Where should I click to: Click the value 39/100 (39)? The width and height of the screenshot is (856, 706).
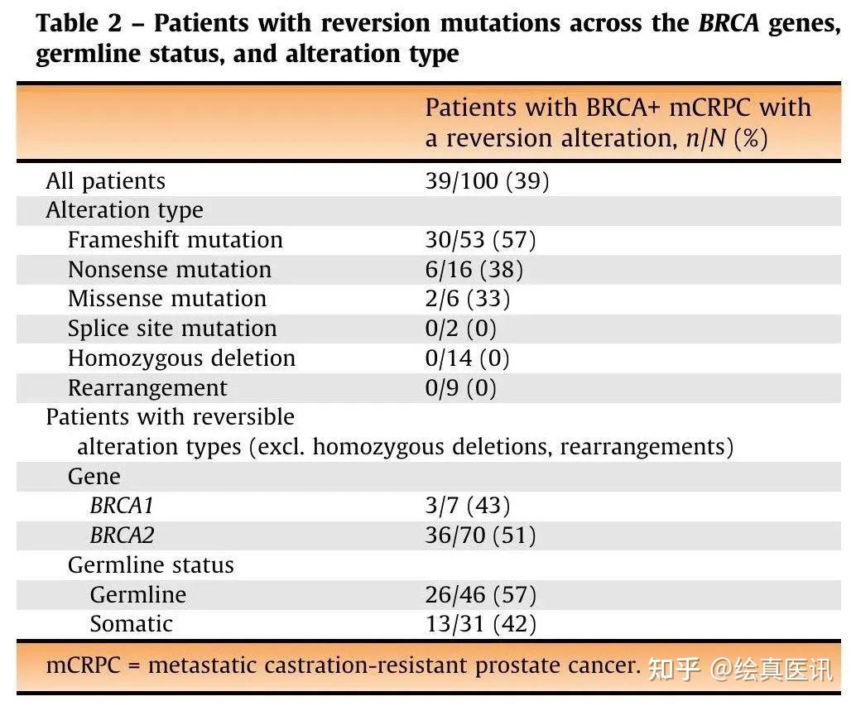pos(487,180)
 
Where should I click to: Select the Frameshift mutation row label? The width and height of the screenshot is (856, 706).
pos(176,239)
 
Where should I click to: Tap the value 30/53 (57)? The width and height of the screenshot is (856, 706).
pos(480,239)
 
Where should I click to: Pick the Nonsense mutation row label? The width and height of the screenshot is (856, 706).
pos(169,270)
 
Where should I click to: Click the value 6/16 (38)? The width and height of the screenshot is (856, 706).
pos(474,270)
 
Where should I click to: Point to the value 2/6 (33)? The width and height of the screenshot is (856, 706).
pos(467,299)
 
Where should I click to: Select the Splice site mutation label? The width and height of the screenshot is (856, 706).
pos(172,329)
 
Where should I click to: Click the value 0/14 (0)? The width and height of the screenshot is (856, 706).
pos(467,358)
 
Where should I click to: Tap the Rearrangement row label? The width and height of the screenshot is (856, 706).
pos(147,388)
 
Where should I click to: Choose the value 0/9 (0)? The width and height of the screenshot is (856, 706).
pos(461,388)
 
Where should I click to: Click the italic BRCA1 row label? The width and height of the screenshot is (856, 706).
pos(122,506)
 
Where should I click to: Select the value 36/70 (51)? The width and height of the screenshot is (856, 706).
pos(480,535)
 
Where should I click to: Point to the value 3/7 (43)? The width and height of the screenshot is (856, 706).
pos(467,505)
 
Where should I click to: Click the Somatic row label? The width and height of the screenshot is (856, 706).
pos(131,623)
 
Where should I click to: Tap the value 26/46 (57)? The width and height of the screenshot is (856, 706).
pos(480,594)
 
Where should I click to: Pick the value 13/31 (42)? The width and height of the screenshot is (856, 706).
pos(480,623)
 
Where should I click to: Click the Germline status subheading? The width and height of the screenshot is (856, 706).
pos(151,564)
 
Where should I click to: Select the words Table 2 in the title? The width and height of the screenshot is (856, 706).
pos(79,23)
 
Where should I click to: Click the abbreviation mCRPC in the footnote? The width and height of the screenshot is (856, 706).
pos(83,665)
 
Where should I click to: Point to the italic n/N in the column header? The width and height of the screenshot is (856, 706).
pos(706,138)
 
